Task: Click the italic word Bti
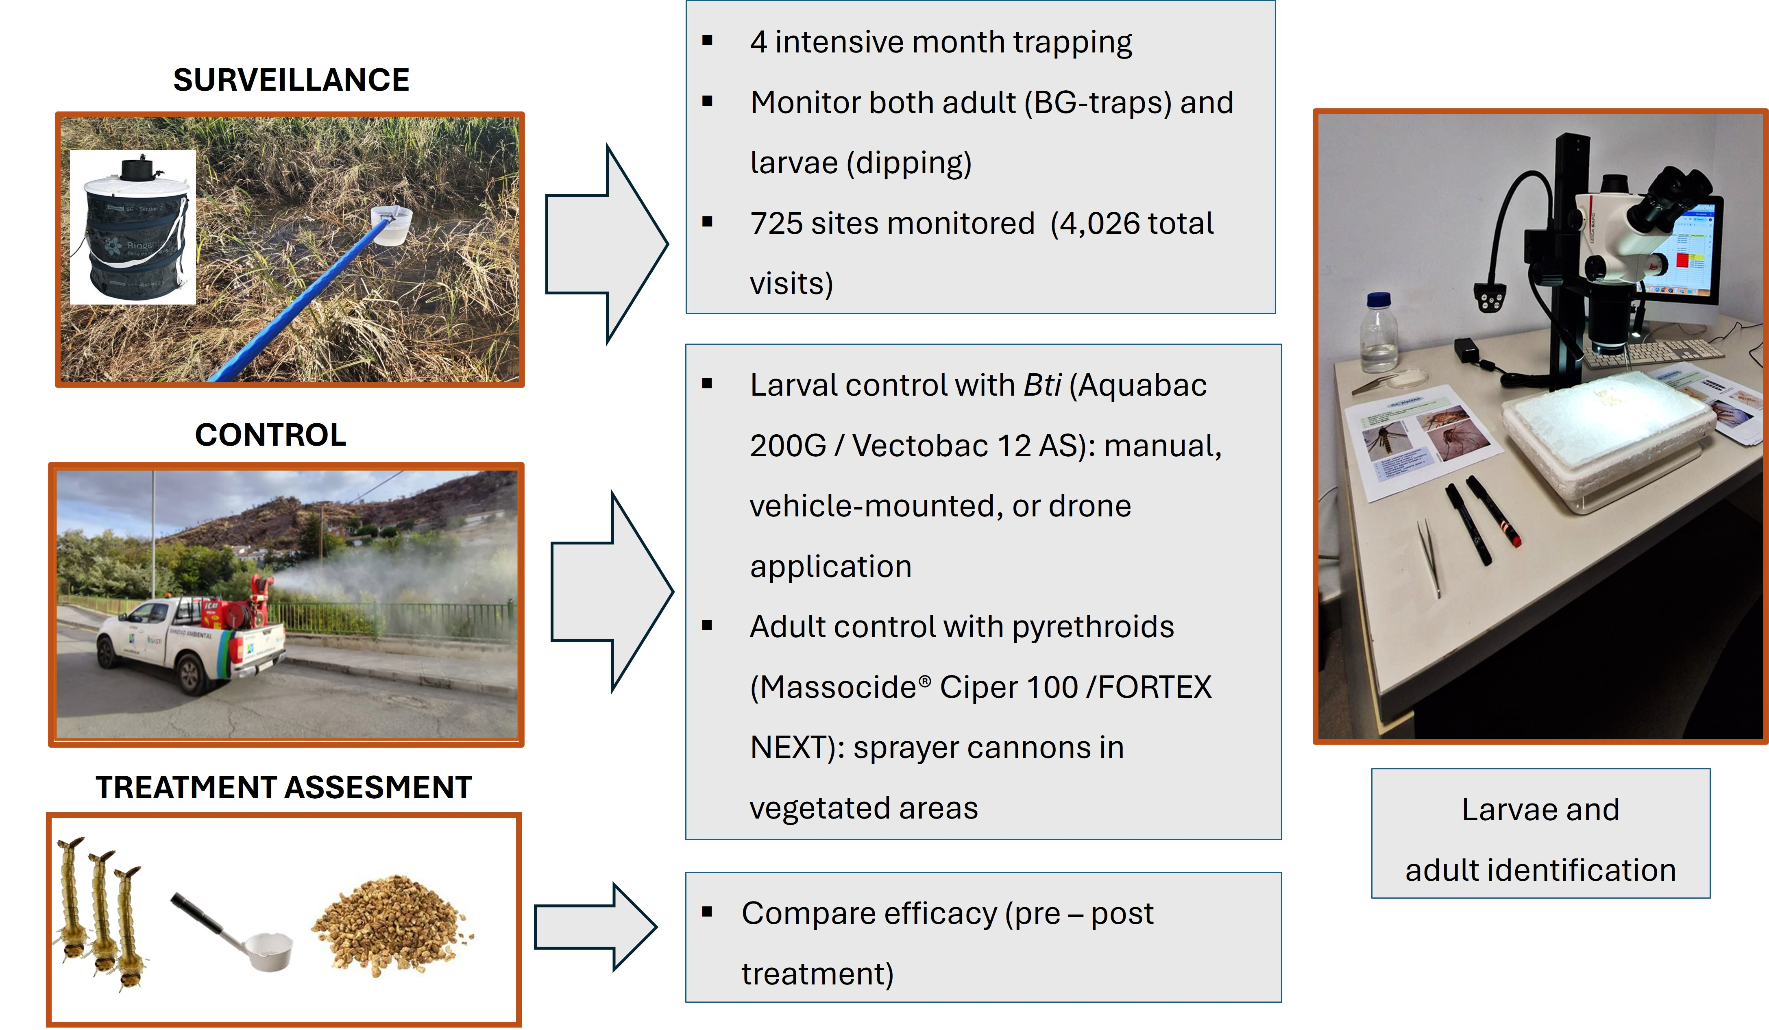1042,385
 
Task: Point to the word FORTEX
1155,687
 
